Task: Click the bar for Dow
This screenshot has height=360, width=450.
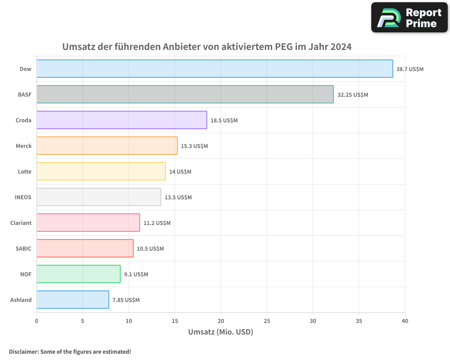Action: [214, 69]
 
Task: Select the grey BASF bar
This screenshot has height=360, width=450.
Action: [184, 94]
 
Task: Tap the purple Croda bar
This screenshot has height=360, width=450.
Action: [121, 120]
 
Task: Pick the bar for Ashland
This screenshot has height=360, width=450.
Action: [72, 300]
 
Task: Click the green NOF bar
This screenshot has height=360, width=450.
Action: [78, 274]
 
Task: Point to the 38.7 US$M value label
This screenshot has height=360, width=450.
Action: [410, 69]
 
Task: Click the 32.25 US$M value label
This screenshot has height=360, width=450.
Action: [353, 95]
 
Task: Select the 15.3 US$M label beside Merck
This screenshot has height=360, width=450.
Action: [194, 146]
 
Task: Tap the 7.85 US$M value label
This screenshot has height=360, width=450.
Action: [126, 300]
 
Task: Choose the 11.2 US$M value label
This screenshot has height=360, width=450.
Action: [157, 223]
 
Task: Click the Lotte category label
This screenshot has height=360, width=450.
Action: [25, 171]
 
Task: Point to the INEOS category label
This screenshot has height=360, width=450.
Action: [23, 197]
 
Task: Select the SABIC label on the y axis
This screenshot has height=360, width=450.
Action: [24, 248]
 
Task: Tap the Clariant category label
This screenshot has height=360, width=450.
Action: [21, 223]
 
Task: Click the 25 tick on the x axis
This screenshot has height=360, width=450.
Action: [267, 321]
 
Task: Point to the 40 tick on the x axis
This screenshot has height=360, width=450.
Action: [405, 321]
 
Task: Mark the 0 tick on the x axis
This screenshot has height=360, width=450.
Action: [36, 321]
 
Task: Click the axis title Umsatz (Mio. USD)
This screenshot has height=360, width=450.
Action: [220, 332]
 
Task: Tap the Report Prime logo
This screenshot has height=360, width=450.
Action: [409, 18]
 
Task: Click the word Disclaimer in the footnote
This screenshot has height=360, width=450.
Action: [23, 351]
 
